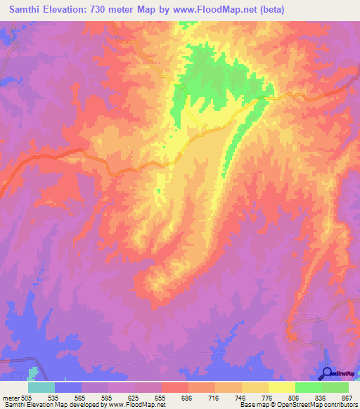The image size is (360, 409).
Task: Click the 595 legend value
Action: point(108,396)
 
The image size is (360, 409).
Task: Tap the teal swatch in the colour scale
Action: point(41,387)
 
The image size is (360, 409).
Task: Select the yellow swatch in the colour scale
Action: point(282,387)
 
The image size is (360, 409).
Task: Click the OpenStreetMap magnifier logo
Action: point(327,372)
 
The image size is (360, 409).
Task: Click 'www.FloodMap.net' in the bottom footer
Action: point(133,405)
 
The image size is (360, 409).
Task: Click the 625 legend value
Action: point(134,396)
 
